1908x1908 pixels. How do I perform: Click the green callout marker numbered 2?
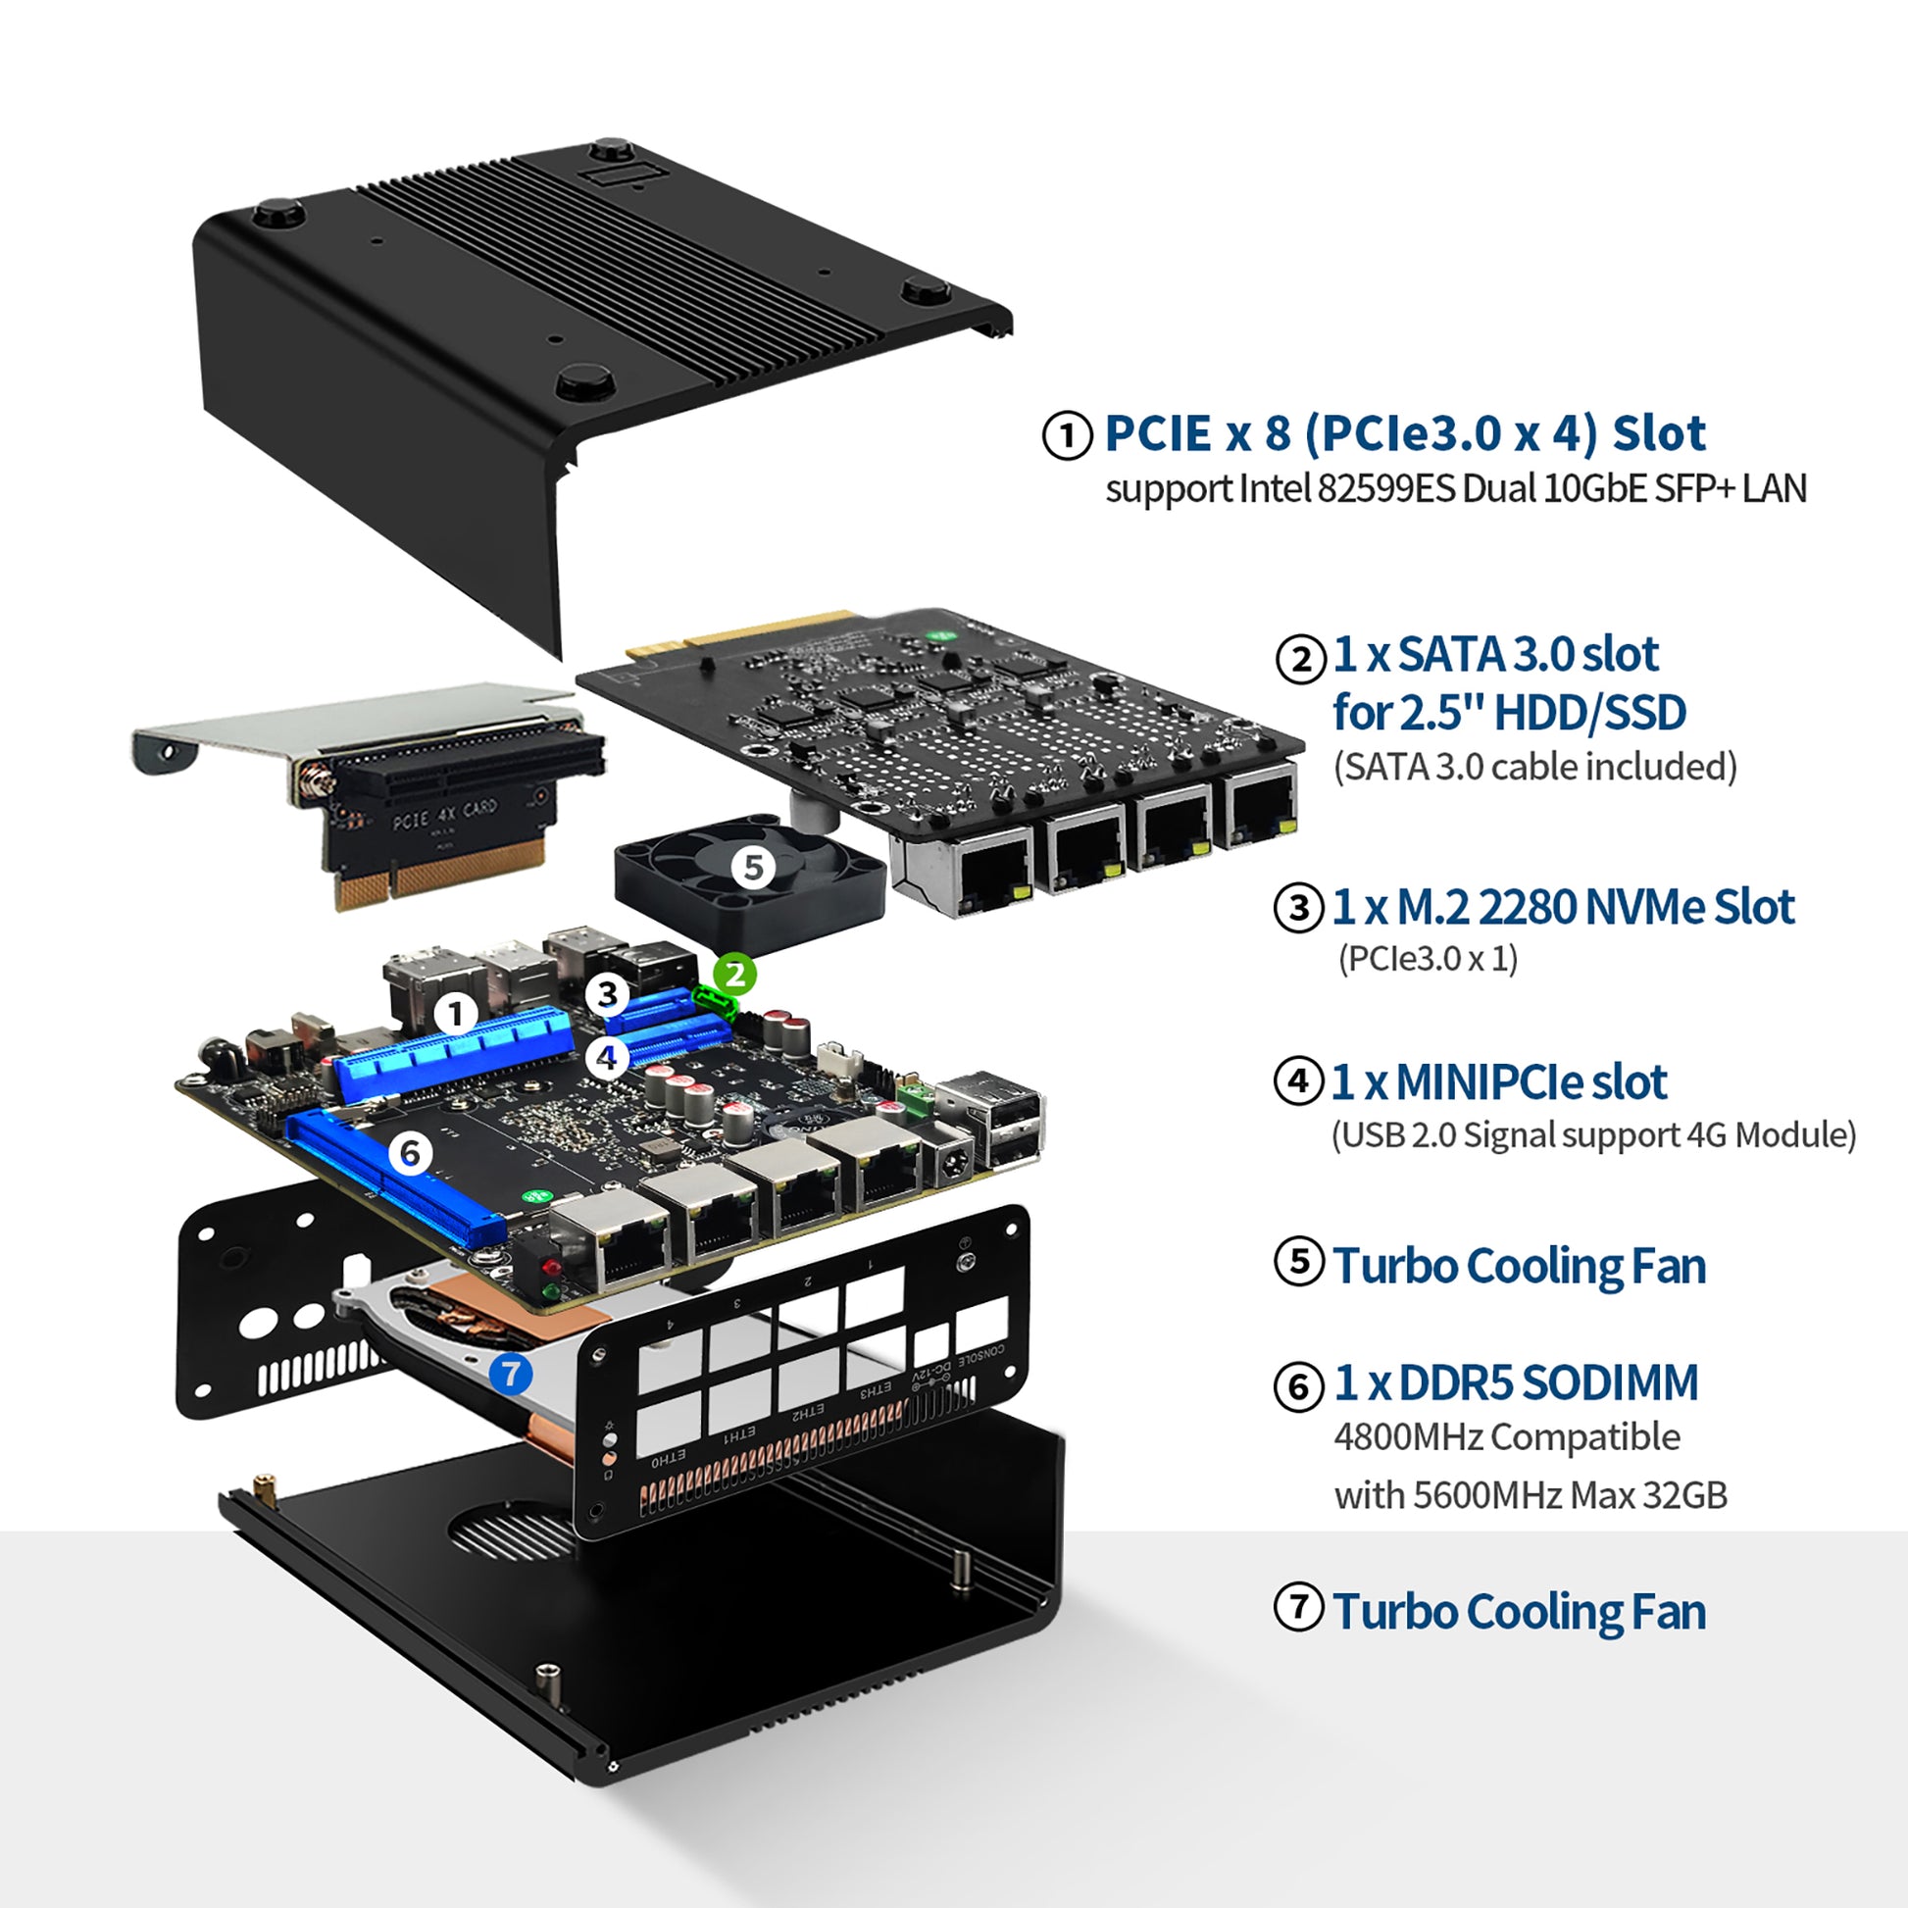(x=734, y=975)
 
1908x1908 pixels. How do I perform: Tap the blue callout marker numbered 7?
(x=511, y=1373)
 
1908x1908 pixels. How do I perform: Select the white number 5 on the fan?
(x=754, y=867)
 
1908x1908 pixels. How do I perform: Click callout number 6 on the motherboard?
(x=410, y=1153)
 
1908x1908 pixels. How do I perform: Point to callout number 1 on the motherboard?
(x=456, y=1013)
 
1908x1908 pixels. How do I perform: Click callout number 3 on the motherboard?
(x=608, y=994)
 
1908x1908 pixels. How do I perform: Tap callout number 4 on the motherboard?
(x=606, y=1058)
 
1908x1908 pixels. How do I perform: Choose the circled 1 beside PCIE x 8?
(x=1067, y=434)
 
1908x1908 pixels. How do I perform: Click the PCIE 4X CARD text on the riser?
(x=445, y=814)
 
